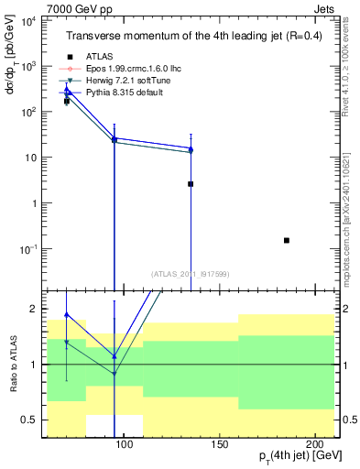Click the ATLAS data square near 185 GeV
(x=287, y=240)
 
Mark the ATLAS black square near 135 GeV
(x=191, y=184)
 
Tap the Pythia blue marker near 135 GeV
(x=191, y=148)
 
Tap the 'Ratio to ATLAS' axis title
(x=13, y=365)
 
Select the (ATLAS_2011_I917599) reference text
(x=191, y=273)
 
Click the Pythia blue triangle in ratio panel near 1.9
(x=67, y=314)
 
